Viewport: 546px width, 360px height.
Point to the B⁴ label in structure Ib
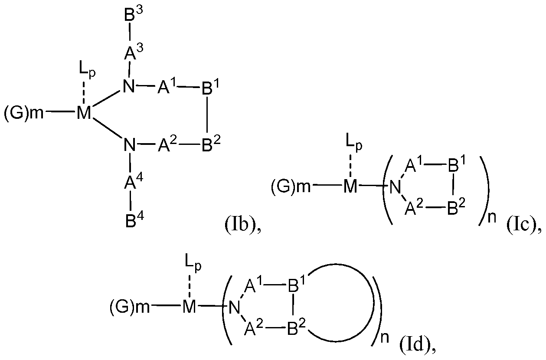pos(131,220)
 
